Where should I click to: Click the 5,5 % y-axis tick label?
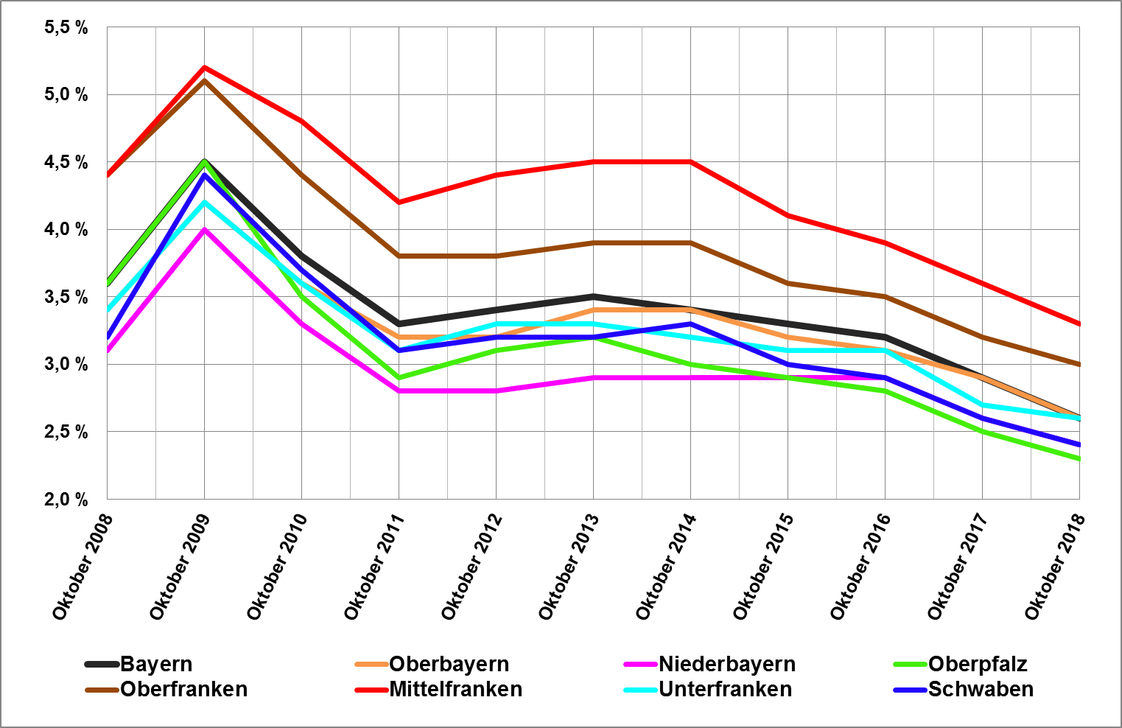tap(66, 28)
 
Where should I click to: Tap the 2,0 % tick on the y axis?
tap(66, 500)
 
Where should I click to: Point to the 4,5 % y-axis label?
tap(66, 163)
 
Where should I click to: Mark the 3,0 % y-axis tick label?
tap(66, 365)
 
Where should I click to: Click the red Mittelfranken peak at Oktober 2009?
tap(204, 67)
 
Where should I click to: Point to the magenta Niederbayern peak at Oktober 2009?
tap(204, 229)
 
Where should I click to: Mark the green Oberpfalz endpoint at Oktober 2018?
tap(1079, 458)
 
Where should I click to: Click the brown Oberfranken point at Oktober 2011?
tap(399, 256)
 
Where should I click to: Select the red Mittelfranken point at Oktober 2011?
tap(399, 202)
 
